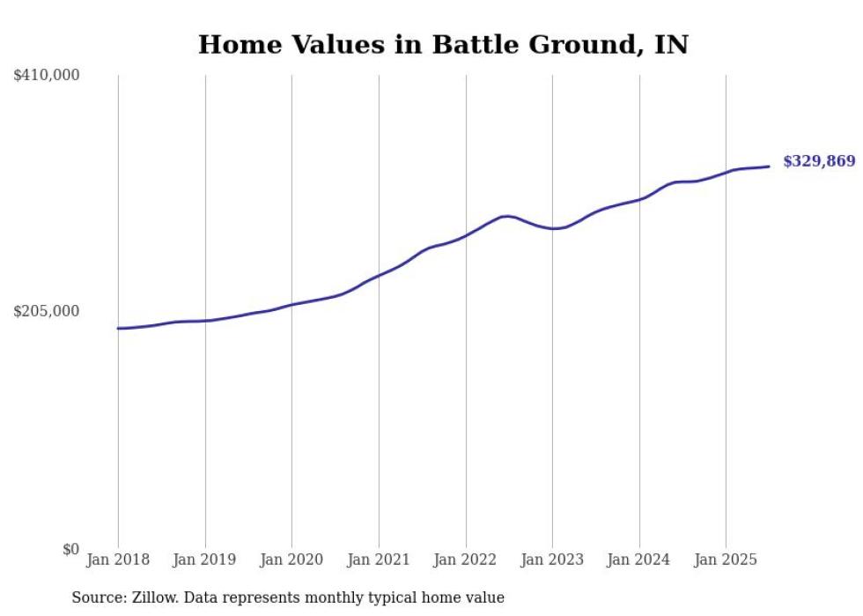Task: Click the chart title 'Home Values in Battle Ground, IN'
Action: coord(443,44)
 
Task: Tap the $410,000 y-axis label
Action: coord(47,76)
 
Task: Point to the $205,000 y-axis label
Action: coord(47,311)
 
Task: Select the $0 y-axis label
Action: coord(70,550)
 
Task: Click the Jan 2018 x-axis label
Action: coord(118,560)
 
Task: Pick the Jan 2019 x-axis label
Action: coord(205,560)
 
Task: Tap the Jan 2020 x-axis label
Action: coord(291,560)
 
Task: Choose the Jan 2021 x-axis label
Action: coord(379,560)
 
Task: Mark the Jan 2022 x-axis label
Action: coord(465,560)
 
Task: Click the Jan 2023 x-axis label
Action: coord(552,560)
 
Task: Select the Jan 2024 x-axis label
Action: coord(638,560)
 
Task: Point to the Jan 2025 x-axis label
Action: coord(726,560)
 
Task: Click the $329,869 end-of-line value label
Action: coord(819,161)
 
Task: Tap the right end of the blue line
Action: coord(769,167)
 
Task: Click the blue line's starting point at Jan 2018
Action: coord(118,329)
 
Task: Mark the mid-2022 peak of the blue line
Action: coord(506,216)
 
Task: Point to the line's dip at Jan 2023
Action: coord(552,229)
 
